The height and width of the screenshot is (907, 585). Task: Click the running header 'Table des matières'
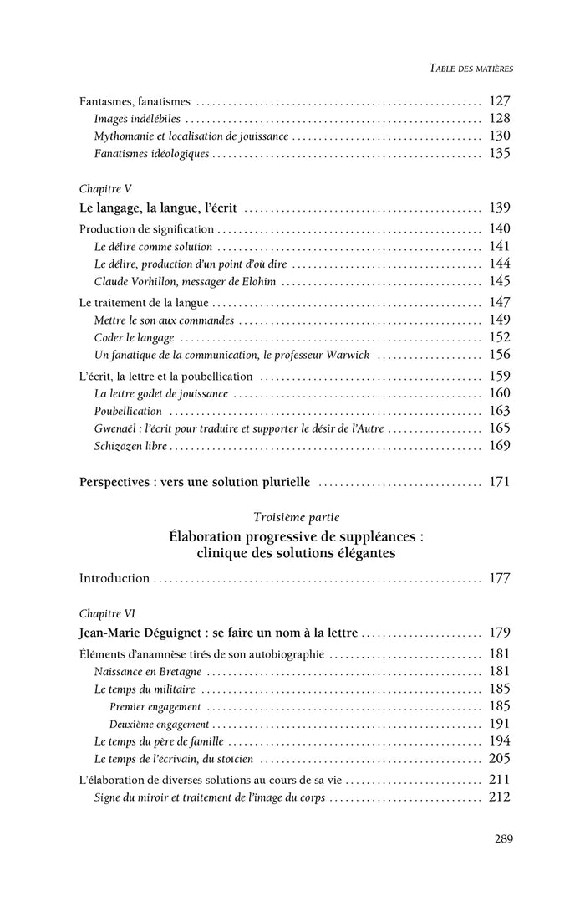465,68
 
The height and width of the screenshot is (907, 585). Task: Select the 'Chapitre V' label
105,189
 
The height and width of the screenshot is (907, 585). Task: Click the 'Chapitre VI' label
107,612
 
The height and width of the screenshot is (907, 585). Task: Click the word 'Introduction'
114,578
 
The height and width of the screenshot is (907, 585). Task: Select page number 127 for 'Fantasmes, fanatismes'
499,101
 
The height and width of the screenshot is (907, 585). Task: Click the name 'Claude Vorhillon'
138,281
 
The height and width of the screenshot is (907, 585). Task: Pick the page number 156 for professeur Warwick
499,355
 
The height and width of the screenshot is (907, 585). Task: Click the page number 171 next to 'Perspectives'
499,482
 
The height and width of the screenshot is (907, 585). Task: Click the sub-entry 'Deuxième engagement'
159,725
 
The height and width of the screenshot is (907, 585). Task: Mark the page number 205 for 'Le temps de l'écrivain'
499,759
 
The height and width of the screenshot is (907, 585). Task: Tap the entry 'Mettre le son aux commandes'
164,320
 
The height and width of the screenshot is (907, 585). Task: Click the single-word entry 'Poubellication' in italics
128,411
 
